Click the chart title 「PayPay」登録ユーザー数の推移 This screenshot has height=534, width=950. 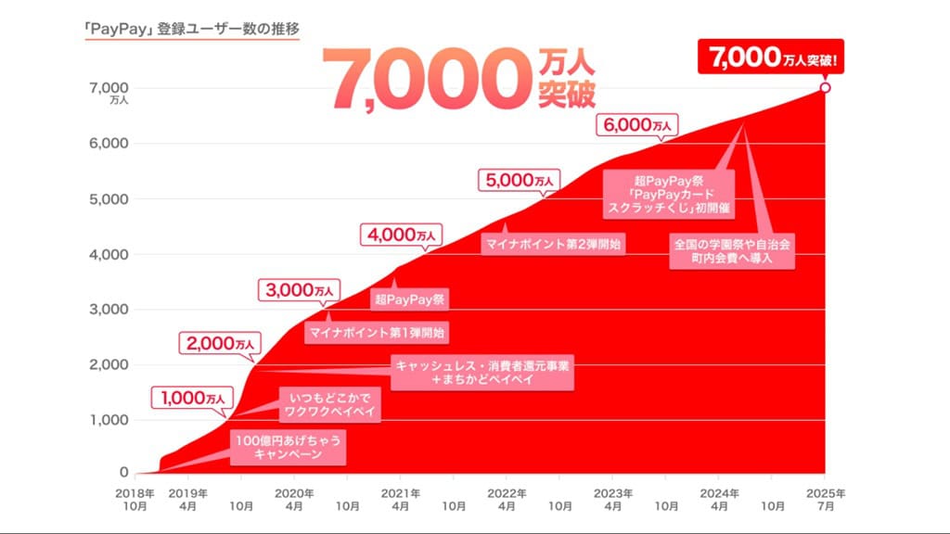pos(190,29)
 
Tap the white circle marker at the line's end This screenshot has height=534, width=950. pos(826,88)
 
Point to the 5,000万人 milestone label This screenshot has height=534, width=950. pos(519,180)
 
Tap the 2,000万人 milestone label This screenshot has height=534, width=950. pos(220,344)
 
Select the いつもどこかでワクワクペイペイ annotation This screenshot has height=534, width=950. pos(329,402)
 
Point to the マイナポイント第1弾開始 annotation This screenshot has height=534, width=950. pos(375,331)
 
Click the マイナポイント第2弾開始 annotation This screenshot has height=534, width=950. pos(551,245)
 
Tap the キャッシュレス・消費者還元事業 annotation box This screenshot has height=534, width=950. pos(482,373)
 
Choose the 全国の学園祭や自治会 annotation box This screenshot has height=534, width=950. pos(733,251)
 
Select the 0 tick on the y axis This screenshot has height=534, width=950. pos(123,474)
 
